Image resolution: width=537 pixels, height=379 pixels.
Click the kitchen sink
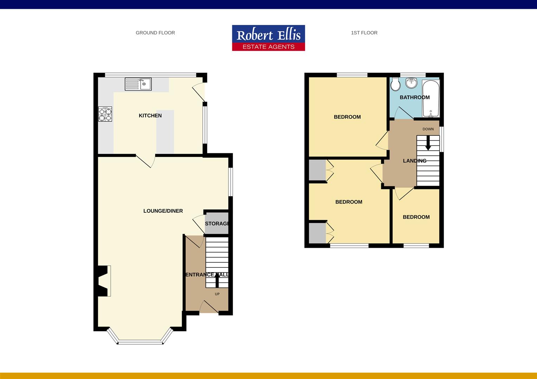coord(138,84)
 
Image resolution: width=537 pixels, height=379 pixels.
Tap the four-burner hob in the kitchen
coord(105,114)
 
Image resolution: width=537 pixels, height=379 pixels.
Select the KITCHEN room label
coord(150,116)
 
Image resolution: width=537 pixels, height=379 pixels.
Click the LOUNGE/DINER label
coord(163,211)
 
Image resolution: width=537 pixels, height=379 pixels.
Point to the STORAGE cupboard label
coord(217,224)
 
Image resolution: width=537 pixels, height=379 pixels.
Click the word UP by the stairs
coord(217,294)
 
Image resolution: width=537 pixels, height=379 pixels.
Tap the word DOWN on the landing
coord(428,129)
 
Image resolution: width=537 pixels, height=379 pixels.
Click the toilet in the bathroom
coord(396,84)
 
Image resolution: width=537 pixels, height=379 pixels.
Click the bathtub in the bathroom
coord(431,98)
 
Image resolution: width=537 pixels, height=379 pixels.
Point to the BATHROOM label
coord(415,98)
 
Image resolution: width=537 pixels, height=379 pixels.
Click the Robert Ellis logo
coord(268,38)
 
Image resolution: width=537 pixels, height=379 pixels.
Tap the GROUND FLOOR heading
coord(155,33)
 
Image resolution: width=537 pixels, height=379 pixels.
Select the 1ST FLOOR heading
coord(364,33)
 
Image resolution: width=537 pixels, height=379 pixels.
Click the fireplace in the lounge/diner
coord(103,281)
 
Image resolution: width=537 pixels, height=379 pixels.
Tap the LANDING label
coord(415,161)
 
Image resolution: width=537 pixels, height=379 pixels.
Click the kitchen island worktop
coord(165,132)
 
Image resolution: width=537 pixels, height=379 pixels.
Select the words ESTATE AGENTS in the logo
coord(268,47)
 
